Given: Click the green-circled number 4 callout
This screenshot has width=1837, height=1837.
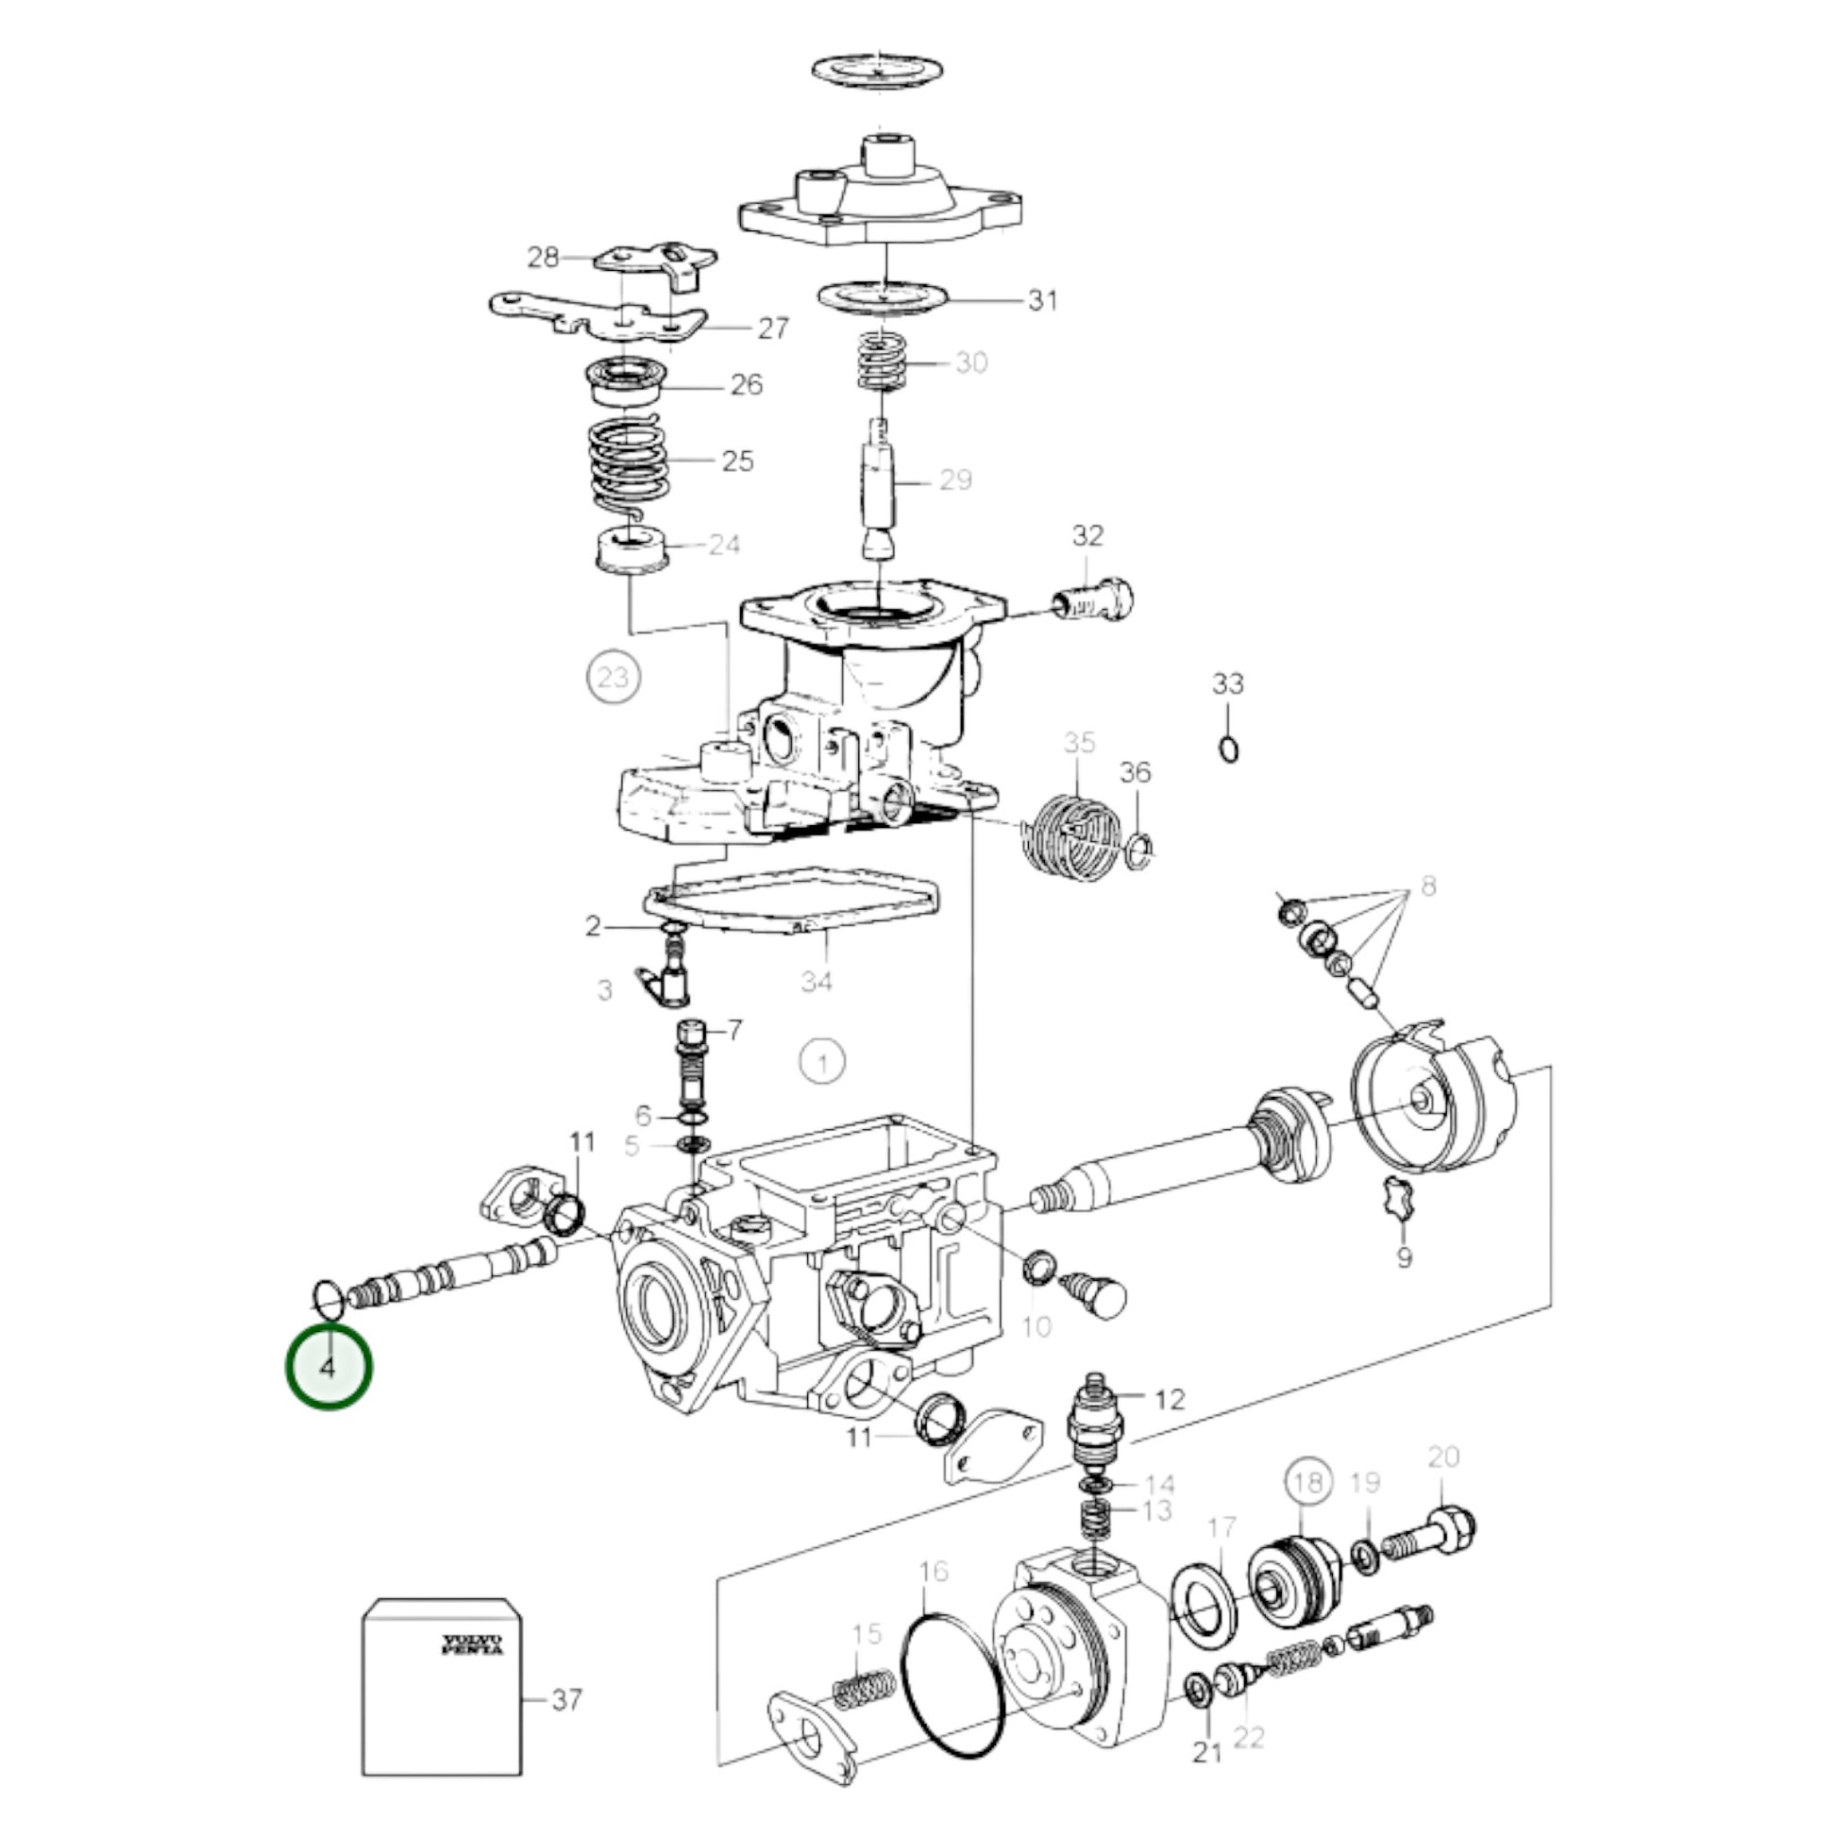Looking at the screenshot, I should tap(329, 1369).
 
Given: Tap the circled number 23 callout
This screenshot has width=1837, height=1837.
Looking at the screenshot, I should tap(614, 678).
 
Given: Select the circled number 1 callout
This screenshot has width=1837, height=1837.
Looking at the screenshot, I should tap(822, 1061).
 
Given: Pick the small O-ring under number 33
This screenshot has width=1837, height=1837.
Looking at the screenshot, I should tap(1228, 750).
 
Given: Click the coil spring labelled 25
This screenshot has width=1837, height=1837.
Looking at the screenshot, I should tap(628, 466).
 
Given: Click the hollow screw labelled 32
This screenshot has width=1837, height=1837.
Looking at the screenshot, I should tap(1095, 602).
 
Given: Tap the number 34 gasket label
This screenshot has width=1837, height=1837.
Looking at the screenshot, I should tap(816, 980).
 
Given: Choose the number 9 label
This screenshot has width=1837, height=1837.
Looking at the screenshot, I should tap(1405, 1257).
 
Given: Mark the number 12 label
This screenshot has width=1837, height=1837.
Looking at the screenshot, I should tap(1171, 1400).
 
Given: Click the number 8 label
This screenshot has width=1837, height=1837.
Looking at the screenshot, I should tap(1427, 886).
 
